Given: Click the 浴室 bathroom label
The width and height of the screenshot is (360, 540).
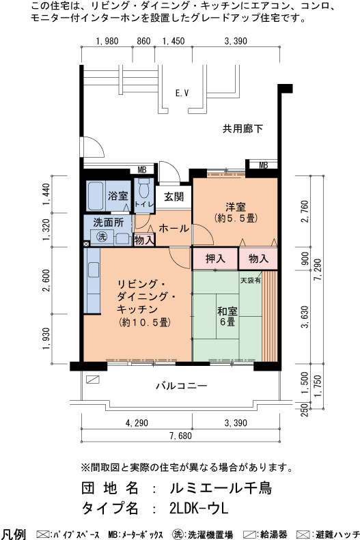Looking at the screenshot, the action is [x=117, y=196].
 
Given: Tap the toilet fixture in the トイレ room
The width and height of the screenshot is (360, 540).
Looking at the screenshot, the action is [x=143, y=187].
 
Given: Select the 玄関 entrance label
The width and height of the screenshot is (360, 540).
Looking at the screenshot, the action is [x=174, y=197].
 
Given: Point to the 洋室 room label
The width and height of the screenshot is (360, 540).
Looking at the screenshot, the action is [x=236, y=207].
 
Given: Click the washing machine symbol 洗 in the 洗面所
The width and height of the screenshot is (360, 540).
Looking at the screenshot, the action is [x=102, y=237].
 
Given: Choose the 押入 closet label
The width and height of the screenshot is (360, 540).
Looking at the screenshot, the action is [x=215, y=259].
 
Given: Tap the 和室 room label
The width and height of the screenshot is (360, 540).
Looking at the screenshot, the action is [x=227, y=311].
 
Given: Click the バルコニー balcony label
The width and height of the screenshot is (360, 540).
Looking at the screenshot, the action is [x=182, y=386].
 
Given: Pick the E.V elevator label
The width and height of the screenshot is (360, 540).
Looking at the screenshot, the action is [x=182, y=93].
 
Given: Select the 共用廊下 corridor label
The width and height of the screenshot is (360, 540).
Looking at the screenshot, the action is [x=243, y=129].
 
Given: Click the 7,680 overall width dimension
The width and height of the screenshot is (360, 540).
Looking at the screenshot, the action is [x=180, y=436].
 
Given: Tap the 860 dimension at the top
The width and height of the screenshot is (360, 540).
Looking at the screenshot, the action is [x=143, y=41].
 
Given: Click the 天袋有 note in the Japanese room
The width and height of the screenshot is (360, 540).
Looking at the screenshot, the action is [x=251, y=281].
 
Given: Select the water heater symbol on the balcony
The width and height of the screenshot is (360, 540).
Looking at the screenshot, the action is [x=93, y=380].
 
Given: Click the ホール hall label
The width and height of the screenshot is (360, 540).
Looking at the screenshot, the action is [x=174, y=228].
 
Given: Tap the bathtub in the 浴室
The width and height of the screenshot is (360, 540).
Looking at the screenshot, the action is [x=95, y=196].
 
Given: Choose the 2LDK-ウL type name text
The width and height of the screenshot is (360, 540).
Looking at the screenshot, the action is [x=199, y=509].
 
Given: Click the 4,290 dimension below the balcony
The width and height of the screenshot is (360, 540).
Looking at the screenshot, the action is [x=137, y=423].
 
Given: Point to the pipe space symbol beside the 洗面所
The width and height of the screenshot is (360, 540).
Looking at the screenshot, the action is [x=86, y=244].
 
